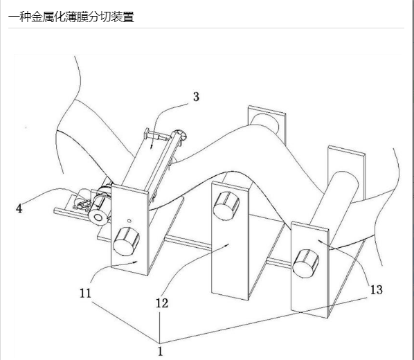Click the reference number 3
(196, 97)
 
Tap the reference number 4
(19, 208)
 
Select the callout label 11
(85, 293)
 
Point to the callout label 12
(162, 303)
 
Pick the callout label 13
(376, 290)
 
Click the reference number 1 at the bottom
(160, 351)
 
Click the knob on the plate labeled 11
(126, 241)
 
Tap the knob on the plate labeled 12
(226, 206)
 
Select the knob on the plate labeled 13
(306, 263)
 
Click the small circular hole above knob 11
(129, 221)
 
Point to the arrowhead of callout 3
(152, 147)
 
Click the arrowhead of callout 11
(136, 262)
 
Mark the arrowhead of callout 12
(227, 245)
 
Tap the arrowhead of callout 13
(319, 241)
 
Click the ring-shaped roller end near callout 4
(98, 217)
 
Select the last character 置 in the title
(128, 17)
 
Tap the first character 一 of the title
(14, 17)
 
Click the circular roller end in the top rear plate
(265, 123)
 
